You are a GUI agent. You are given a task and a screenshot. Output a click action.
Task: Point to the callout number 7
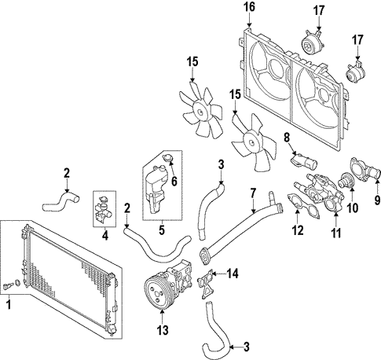253,191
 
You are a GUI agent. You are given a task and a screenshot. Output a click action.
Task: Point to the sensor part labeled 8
302,162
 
